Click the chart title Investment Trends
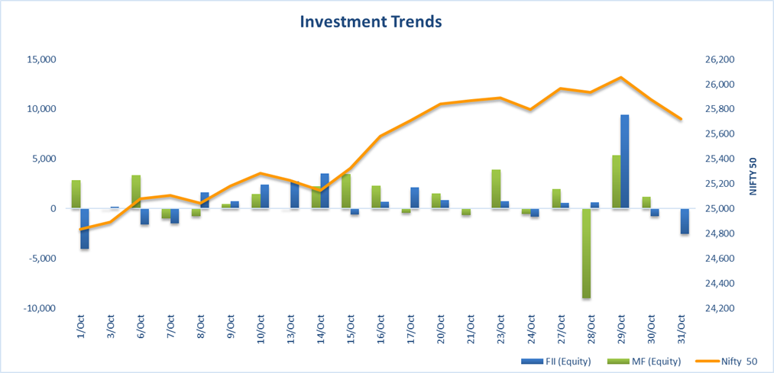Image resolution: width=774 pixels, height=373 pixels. [x=371, y=21]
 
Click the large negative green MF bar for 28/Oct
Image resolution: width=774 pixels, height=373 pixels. [x=586, y=253]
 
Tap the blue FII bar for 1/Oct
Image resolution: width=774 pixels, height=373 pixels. [x=85, y=228]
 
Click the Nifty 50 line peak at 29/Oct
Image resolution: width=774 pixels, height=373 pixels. [x=620, y=78]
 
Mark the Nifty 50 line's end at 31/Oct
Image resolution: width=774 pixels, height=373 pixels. [x=681, y=119]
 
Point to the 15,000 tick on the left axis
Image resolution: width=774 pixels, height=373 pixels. [x=40, y=59]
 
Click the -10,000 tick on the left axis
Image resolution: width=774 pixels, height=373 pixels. [x=38, y=308]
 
